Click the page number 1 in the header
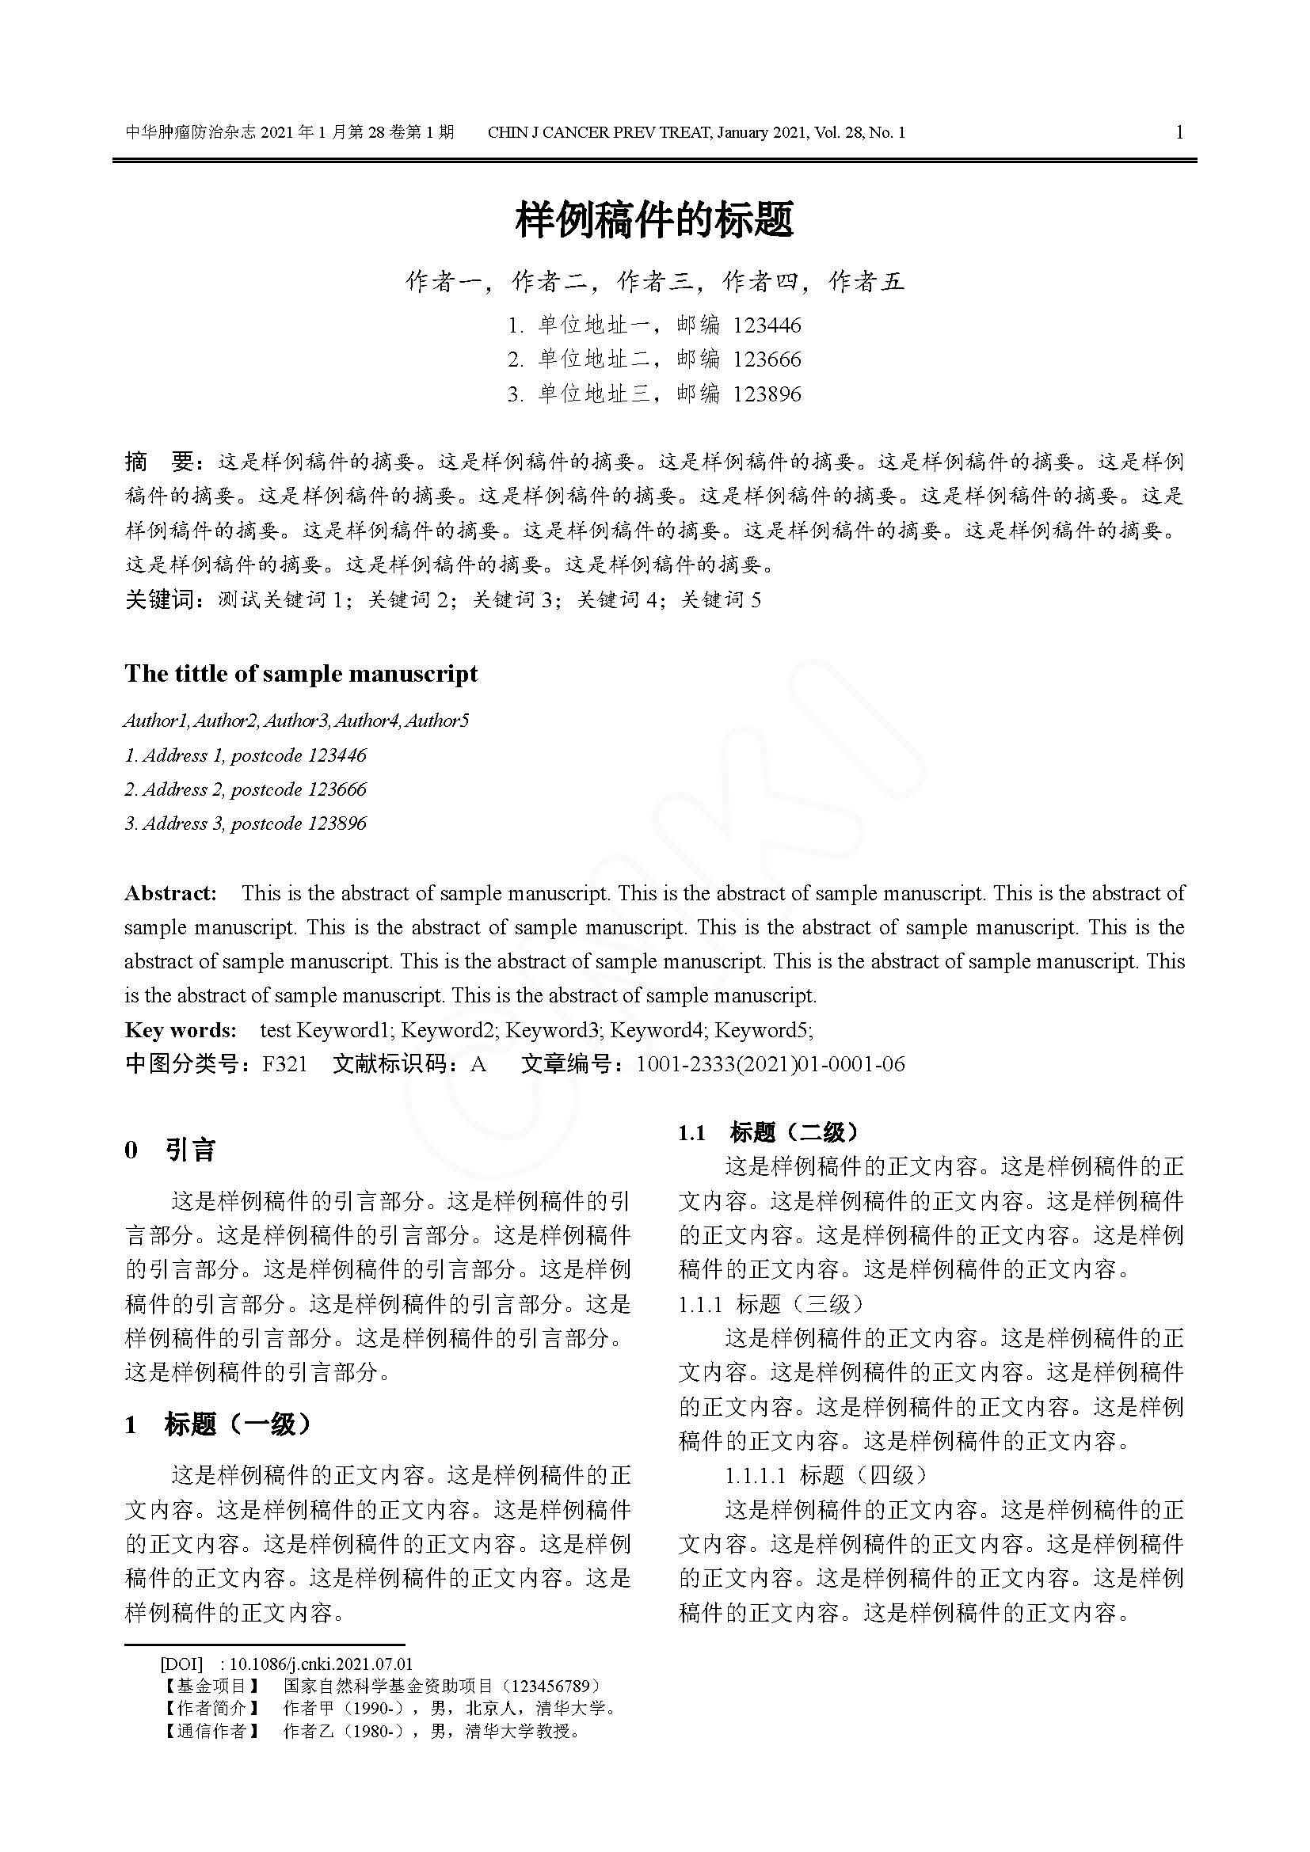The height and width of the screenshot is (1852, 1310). coord(1179,132)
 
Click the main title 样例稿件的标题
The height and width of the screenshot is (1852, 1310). coord(654,219)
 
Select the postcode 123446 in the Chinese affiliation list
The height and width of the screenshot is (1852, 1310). coord(767,325)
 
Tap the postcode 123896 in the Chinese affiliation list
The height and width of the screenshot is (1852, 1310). coord(767,394)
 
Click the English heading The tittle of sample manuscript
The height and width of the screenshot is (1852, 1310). coord(301,674)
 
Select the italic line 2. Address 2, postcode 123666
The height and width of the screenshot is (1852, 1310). coord(246,789)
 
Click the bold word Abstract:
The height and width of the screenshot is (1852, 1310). coord(171,893)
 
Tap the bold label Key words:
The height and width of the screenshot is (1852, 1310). coord(181,1029)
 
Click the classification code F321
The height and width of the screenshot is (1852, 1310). coord(285,1064)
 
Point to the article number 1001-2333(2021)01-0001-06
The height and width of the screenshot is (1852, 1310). coord(770,1064)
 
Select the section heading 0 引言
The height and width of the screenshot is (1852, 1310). coord(170,1150)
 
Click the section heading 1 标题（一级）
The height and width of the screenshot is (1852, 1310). coord(218,1424)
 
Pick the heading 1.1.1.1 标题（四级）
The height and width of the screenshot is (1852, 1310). coord(825,1475)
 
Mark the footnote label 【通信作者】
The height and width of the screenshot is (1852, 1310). coord(211,1730)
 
